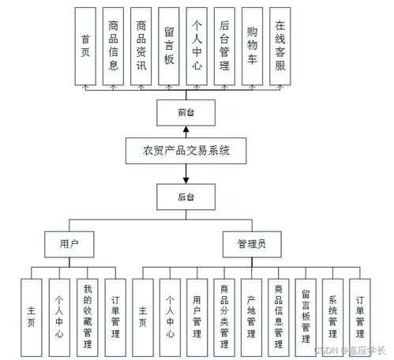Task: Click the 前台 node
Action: (x=187, y=112)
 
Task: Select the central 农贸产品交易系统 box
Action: (x=187, y=149)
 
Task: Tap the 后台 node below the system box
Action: (x=187, y=193)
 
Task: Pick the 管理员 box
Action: (x=251, y=245)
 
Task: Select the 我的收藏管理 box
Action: (x=88, y=311)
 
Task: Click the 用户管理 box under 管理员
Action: (x=197, y=311)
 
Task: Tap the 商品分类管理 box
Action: (x=224, y=311)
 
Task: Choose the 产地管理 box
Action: (x=251, y=311)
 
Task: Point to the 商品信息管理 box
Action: (x=279, y=311)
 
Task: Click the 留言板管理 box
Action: (x=306, y=311)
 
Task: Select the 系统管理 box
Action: (x=332, y=311)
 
